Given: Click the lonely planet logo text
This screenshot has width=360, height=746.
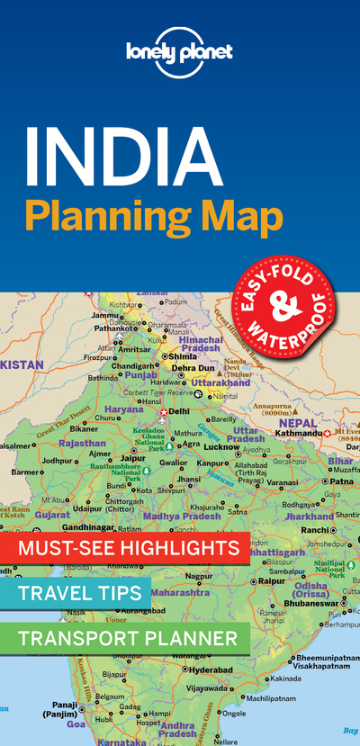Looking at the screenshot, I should pos(179,51).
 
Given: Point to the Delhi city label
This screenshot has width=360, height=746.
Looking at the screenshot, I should pos(179,411).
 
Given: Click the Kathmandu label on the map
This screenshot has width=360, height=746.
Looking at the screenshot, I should pos(298,434).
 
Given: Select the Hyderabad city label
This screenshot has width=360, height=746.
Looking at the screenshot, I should pos(211,670).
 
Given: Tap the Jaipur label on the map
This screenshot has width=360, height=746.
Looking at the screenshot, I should pos(133,457).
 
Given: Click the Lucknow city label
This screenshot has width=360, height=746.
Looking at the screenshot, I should pos(222,446).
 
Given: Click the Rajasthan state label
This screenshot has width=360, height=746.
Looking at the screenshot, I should pos(84,443).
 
